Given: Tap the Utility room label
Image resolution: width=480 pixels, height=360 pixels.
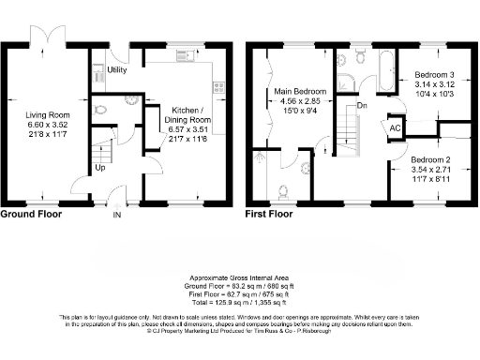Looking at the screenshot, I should (117, 70).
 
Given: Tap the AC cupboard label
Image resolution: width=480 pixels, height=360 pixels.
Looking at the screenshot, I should (396, 127).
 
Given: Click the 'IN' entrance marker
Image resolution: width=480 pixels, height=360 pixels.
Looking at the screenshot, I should (117, 215).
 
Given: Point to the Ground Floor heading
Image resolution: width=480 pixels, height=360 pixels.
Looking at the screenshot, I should (32, 214).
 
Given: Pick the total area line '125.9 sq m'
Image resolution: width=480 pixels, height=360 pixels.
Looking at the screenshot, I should (240, 303).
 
